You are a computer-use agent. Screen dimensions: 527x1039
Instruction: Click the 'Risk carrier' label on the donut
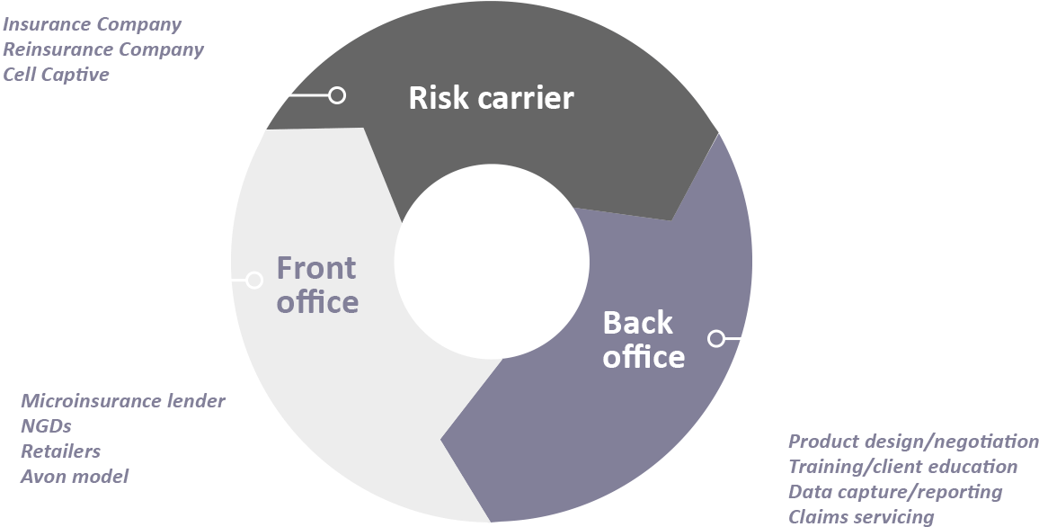coord(491,98)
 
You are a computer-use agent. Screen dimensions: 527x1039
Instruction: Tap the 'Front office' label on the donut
coord(316,284)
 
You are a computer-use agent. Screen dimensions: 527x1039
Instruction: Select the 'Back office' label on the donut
coord(643,339)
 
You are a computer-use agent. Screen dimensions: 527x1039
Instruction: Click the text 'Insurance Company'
coord(92,24)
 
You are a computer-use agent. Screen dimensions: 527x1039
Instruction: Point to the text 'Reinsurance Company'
coord(103,49)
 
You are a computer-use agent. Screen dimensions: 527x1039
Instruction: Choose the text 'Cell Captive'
coord(56,75)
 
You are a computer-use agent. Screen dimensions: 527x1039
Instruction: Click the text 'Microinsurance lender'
coord(123,401)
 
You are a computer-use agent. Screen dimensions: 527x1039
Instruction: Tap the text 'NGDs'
coord(46,426)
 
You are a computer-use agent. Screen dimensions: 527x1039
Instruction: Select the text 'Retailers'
coord(60,451)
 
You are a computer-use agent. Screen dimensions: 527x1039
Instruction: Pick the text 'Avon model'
coord(75,477)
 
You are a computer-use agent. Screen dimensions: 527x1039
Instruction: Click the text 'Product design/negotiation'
coord(913,442)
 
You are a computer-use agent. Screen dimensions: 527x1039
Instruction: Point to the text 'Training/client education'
coord(902,467)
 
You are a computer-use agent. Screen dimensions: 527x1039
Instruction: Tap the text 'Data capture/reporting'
coord(895,492)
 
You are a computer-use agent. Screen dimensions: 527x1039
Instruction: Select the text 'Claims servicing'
coord(861,517)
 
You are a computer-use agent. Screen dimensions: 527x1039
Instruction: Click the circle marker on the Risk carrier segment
coord(337,94)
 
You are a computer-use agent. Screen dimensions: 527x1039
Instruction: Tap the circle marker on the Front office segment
coord(254,280)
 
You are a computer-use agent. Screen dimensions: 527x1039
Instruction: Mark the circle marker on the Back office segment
coord(716,338)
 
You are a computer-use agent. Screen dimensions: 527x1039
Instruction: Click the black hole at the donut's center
coord(492,261)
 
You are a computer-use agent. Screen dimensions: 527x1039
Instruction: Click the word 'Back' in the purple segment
coord(637,322)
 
